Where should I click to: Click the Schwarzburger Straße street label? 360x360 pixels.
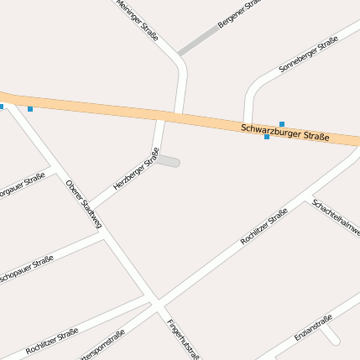click(284, 133)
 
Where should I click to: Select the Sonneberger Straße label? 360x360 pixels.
click(308, 53)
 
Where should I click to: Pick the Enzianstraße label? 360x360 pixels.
click(314, 327)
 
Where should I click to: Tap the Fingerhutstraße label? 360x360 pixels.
click(182, 338)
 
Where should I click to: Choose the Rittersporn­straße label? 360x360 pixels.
click(101, 345)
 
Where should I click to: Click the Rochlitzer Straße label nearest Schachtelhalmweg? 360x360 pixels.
click(263, 226)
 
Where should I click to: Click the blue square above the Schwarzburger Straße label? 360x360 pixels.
click(282, 124)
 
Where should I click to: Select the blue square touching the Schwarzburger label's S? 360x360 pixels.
click(267, 137)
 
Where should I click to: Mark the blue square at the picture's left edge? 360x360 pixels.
click(2, 107)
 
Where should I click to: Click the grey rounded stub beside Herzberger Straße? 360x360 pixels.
click(168, 161)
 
